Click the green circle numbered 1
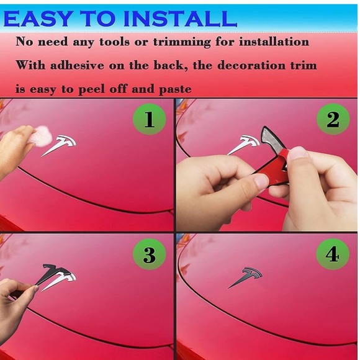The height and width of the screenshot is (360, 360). click(x=150, y=119)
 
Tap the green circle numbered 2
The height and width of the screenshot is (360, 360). click(x=333, y=119)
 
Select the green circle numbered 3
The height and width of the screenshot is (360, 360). click(x=150, y=254)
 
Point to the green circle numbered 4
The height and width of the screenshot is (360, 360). click(x=333, y=254)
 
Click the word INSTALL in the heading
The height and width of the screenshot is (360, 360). click(x=180, y=19)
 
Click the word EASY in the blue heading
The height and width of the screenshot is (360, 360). click(x=37, y=19)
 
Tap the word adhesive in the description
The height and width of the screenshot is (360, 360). click(x=77, y=65)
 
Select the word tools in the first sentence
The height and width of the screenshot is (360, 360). click(x=114, y=42)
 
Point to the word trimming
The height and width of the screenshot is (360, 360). click(x=182, y=42)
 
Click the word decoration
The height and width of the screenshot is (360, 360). click(x=251, y=65)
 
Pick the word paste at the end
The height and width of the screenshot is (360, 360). click(x=175, y=89)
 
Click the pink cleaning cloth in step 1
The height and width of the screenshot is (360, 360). click(x=43, y=136)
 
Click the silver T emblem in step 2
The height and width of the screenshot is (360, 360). click(x=244, y=145)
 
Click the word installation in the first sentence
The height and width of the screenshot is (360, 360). click(x=274, y=42)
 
